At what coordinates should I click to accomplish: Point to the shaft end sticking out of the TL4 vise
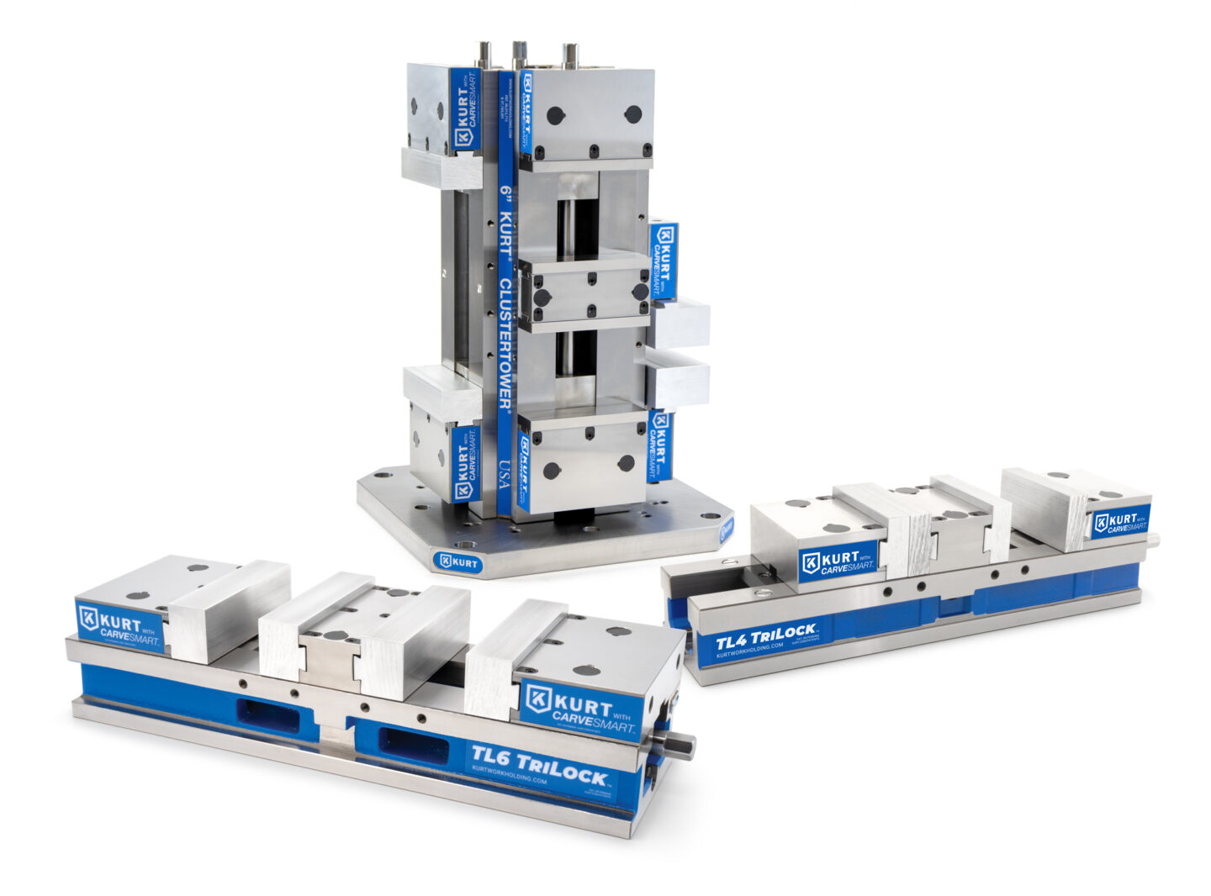(x=1152, y=540)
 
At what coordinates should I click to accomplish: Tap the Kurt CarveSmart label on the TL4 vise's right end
(x=1120, y=521)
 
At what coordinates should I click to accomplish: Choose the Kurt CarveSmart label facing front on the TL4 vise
(x=838, y=561)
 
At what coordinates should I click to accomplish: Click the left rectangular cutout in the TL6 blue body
(x=267, y=714)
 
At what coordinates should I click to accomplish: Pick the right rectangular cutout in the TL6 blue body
(x=412, y=741)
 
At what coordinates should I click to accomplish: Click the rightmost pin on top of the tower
(x=571, y=56)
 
